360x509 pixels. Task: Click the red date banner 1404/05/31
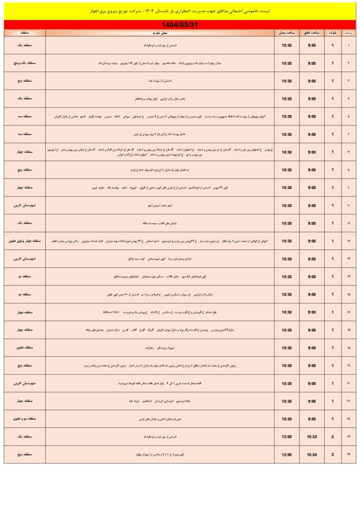[180, 24]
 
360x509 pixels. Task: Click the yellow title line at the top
[180, 10]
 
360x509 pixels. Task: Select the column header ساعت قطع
[312, 33]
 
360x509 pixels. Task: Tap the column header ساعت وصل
[287, 33]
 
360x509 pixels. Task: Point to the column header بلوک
[333, 33]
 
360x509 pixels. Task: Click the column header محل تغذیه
[159, 33]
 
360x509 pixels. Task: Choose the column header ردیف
[349, 33]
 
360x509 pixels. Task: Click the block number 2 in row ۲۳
[333, 437]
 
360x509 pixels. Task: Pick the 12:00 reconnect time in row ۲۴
[287, 455]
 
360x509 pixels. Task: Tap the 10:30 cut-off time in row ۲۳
[312, 437]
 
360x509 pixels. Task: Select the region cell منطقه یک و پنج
[24, 63]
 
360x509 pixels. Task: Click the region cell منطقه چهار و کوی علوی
[24, 241]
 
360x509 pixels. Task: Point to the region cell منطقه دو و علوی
[24, 419]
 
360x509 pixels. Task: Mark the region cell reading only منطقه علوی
[24, 348]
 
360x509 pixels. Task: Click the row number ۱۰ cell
[349, 205]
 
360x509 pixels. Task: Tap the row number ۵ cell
[349, 116]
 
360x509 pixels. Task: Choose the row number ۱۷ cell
[349, 330]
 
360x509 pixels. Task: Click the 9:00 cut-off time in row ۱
[312, 45]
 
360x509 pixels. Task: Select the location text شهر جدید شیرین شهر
[159, 205]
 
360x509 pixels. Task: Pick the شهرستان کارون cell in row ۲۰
[24, 383]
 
